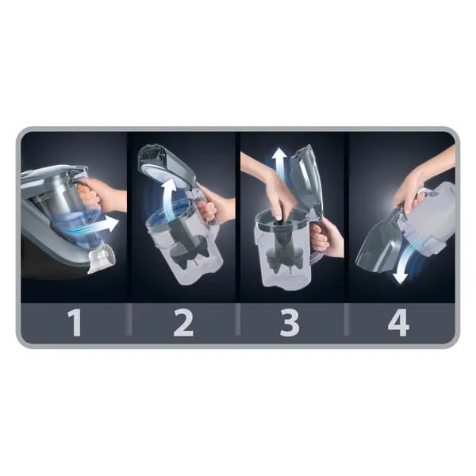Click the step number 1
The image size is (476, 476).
point(75,322)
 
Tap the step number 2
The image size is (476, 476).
point(183,322)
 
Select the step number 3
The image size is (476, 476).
point(290,322)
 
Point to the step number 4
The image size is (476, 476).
point(398,322)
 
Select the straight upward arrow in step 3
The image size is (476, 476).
point(279,164)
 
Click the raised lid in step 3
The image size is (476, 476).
point(306,179)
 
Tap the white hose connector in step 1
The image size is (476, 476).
point(102,258)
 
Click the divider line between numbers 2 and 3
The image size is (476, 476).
point(238,320)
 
